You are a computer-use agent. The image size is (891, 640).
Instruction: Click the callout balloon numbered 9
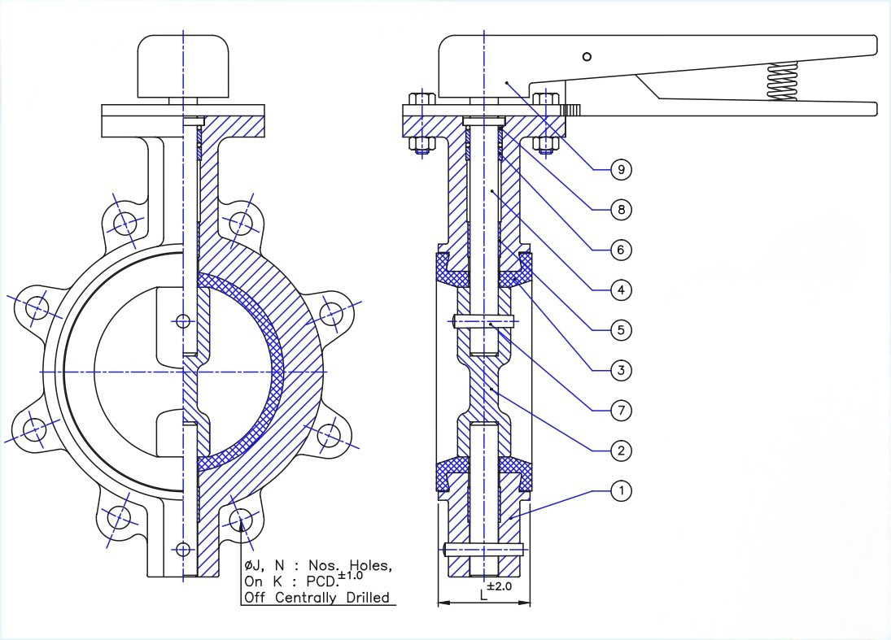tap(621, 169)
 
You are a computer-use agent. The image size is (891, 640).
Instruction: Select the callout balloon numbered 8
tap(621, 209)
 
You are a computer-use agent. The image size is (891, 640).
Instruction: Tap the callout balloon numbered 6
tap(621, 250)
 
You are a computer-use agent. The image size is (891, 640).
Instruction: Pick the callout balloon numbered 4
tap(621, 290)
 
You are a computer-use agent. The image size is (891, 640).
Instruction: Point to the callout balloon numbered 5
tap(621, 330)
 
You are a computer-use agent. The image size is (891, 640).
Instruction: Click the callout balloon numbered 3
tap(621, 370)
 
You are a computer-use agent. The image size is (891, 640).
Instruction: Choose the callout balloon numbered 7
tap(621, 410)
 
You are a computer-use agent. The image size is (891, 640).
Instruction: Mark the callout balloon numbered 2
tap(621, 451)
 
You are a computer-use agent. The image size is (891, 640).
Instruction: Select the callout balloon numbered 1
tap(621, 490)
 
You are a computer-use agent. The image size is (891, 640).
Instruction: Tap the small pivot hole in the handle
tap(587, 56)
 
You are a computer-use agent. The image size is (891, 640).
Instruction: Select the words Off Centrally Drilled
tap(317, 599)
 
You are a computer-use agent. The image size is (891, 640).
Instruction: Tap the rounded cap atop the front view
tap(183, 65)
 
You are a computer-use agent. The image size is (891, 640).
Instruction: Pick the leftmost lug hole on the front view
tap(35, 307)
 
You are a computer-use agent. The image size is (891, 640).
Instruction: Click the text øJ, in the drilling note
tap(256, 565)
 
